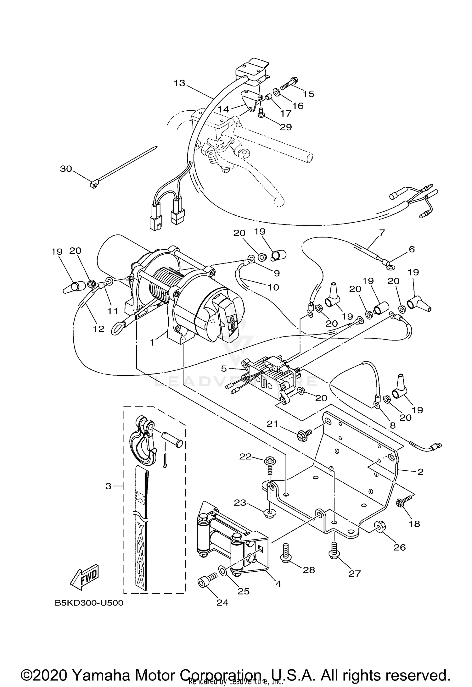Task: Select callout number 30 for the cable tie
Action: click(x=66, y=169)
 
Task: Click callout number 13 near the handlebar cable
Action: click(x=180, y=83)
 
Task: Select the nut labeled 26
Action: click(x=379, y=526)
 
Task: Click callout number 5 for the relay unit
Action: click(x=224, y=368)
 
